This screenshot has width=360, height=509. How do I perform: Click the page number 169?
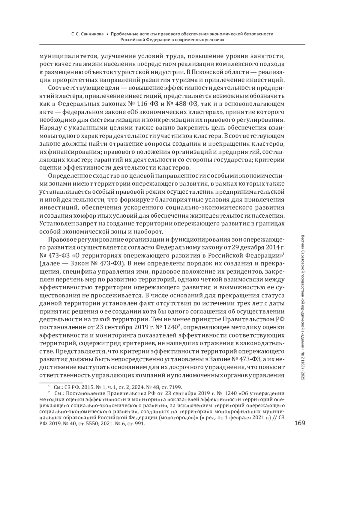[x=300, y=423]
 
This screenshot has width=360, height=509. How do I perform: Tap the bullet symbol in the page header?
[x=107, y=34]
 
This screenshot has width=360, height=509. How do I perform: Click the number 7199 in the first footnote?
[x=175, y=387]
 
